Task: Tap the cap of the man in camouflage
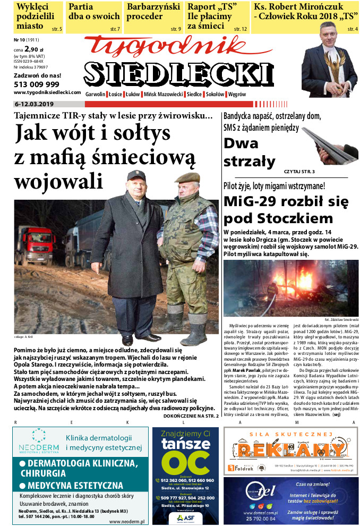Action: pos(187,177)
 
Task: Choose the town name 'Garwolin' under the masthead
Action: pos(96,94)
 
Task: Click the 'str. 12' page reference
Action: pos(240,28)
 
